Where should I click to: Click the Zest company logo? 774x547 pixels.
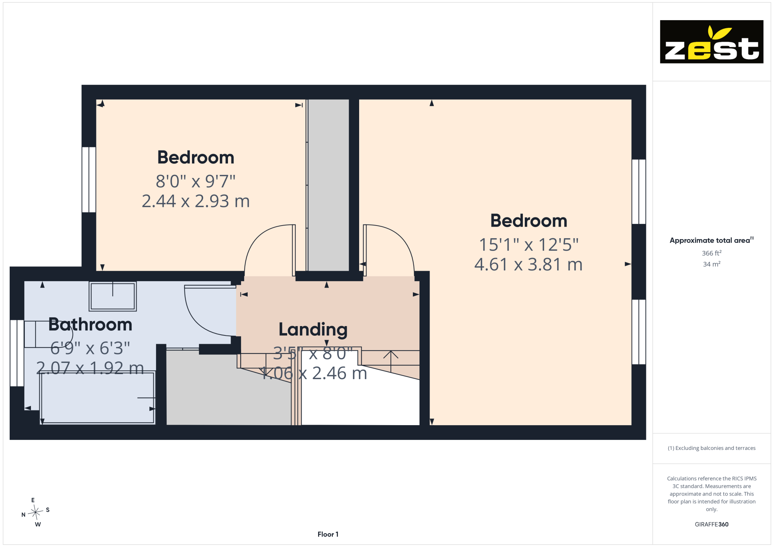pyautogui.click(x=711, y=42)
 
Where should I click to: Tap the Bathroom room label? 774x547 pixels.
pyautogui.click(x=90, y=324)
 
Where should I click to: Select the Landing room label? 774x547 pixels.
pyautogui.click(x=313, y=330)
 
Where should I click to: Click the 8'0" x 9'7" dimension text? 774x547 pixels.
pyautogui.click(x=195, y=181)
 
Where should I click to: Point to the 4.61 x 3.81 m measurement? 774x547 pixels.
pyautogui.click(x=528, y=265)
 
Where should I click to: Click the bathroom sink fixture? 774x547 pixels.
pyautogui.click(x=113, y=296)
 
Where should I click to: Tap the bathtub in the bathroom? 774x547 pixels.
pyautogui.click(x=98, y=398)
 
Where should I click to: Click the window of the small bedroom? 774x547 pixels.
pyautogui.click(x=89, y=179)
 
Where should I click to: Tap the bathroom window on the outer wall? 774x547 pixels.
pyautogui.click(x=17, y=353)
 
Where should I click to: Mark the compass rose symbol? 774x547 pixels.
pyautogui.click(x=36, y=513)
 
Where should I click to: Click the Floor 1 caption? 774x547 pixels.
pyautogui.click(x=328, y=534)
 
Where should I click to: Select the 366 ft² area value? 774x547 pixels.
pyautogui.click(x=712, y=253)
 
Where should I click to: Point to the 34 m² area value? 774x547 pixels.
pyautogui.click(x=712, y=264)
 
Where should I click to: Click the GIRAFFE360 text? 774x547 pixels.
pyautogui.click(x=712, y=525)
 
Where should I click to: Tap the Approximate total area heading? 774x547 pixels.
pyautogui.click(x=712, y=240)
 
